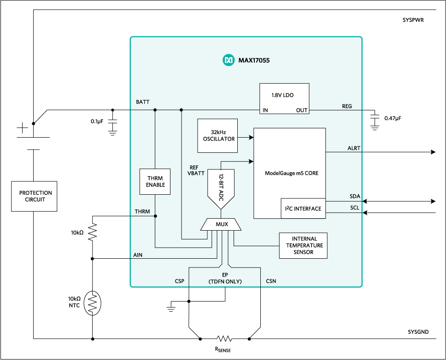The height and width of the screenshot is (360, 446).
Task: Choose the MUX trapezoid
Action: coord(221,225)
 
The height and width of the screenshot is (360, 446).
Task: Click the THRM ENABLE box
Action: coord(155,181)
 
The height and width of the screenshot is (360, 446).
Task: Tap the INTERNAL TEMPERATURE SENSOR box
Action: coord(304,245)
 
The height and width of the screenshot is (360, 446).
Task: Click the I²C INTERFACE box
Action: coord(302,209)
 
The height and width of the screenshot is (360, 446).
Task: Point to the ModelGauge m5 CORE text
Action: coord(292,174)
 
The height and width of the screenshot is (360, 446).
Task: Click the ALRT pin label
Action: coord(354,148)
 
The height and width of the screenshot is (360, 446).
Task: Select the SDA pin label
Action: coord(354,197)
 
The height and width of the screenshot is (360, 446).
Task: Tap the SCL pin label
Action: coord(354,208)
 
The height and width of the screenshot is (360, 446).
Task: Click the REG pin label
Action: coord(346,106)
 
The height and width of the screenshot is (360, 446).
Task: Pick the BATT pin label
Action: coord(142,101)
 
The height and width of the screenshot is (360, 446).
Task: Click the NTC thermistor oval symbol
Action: coord(93,303)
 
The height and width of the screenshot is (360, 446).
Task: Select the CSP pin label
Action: coord(180,281)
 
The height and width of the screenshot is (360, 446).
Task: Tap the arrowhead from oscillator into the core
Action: coord(251,137)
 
